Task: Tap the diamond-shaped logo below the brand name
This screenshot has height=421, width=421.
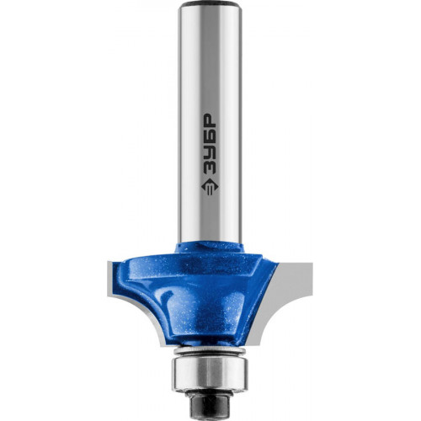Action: coord(210,187)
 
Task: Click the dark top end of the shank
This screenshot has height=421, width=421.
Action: coord(210,4)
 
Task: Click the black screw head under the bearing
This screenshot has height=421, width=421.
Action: coord(210,402)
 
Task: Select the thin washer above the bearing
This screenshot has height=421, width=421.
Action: coord(210,351)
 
